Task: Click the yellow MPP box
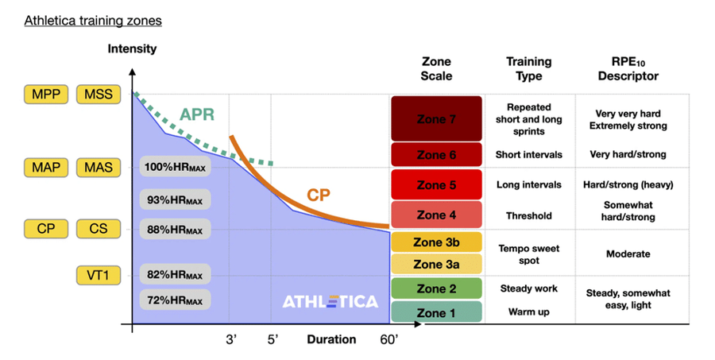(45, 95)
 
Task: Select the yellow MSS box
(99, 95)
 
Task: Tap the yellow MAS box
(99, 168)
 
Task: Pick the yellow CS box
(99, 229)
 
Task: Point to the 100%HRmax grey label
(176, 167)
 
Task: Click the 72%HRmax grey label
(175, 300)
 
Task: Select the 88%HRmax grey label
(175, 230)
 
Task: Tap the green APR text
(197, 114)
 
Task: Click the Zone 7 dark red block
(436, 119)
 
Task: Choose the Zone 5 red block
(436, 185)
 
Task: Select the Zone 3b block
(436, 242)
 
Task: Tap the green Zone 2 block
(436, 288)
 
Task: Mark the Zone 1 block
(436, 312)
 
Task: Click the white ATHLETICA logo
(330, 302)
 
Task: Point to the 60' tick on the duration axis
(388, 340)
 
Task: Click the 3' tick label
(232, 340)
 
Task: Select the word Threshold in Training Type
(528, 215)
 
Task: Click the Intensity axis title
(132, 49)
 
